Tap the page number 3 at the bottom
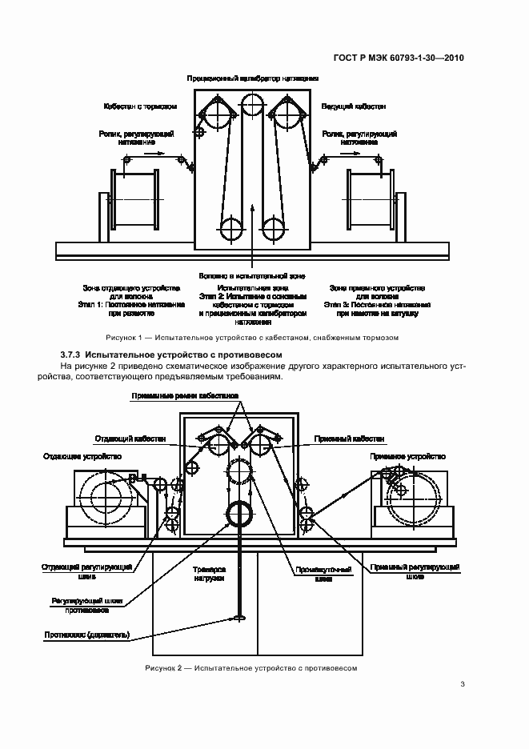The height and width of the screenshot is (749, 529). tap(463, 683)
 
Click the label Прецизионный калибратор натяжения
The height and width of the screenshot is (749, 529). tap(253, 78)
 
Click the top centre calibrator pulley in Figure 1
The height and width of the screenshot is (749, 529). tap(253, 105)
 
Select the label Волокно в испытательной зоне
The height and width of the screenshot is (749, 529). tap(253, 274)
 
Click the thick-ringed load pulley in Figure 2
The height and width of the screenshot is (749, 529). tap(239, 513)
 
